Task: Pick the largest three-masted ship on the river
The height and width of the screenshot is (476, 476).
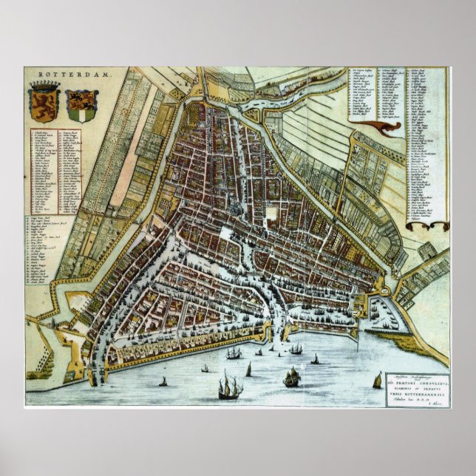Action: click(x=231, y=385)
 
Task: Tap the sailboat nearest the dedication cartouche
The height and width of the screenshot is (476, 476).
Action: click(x=377, y=380)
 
